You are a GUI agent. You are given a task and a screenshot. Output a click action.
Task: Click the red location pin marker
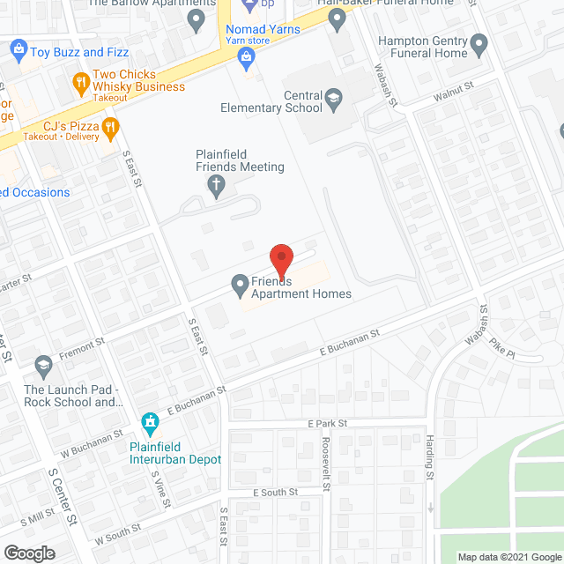coord(280,261)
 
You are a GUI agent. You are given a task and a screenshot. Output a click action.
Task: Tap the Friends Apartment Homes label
coord(301,287)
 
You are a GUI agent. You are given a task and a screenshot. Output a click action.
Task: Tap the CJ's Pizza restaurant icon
coord(110,130)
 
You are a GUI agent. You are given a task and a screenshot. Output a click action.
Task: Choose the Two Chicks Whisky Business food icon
coord(81,81)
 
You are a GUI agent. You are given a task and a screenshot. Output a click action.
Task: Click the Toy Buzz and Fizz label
coord(79,52)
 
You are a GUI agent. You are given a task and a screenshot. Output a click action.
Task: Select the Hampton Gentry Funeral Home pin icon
coord(479,43)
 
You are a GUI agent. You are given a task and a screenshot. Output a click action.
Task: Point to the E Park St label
coord(328,423)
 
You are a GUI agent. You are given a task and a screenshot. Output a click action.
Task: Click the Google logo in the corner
coord(29,553)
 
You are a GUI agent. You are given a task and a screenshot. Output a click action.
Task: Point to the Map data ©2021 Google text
coord(508,557)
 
